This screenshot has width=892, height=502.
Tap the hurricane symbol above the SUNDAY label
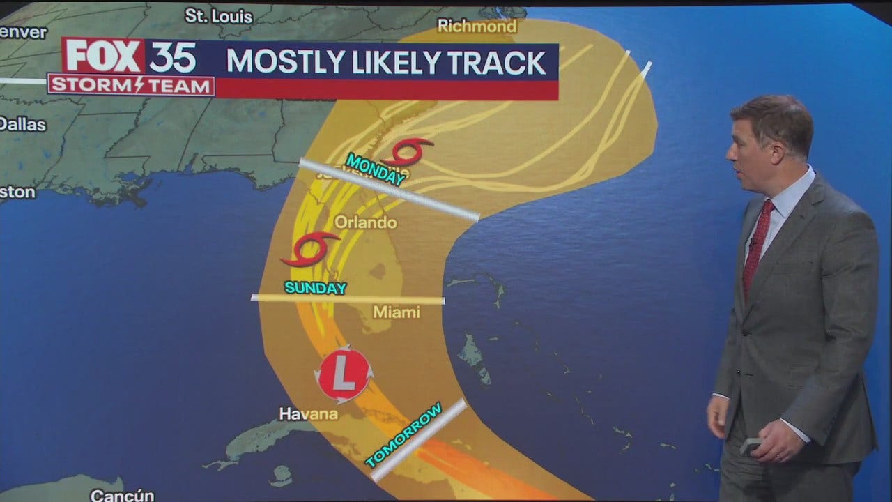(x=310, y=250)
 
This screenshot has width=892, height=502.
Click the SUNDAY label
(x=315, y=288)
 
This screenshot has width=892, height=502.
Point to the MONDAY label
(x=376, y=170)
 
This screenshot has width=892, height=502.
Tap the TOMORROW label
(x=403, y=435)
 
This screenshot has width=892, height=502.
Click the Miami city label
(x=396, y=312)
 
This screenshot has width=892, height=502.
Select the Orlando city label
(x=365, y=222)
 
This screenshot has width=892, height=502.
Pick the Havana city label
(x=309, y=413)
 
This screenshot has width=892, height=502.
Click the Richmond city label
(x=477, y=26)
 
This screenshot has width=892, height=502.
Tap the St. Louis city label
(x=208, y=15)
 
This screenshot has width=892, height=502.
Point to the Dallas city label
(x=22, y=124)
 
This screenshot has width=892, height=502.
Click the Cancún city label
(x=122, y=495)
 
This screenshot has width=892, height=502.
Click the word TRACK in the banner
(x=497, y=63)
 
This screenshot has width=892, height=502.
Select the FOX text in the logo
(x=103, y=56)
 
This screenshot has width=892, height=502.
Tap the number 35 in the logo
(x=172, y=57)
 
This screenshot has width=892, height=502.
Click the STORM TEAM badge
(x=131, y=85)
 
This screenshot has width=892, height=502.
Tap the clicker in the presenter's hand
(x=749, y=447)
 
